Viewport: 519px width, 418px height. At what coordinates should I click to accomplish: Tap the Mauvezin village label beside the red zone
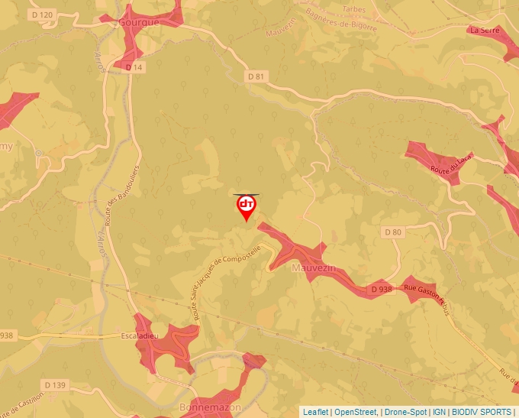click(x=314, y=268)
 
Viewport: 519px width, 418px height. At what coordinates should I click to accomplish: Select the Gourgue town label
click(x=140, y=22)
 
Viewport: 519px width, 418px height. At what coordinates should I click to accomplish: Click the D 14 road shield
click(x=134, y=67)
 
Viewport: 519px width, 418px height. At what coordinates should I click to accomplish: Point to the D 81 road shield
click(x=256, y=76)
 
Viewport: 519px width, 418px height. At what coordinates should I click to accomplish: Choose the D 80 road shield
click(x=392, y=232)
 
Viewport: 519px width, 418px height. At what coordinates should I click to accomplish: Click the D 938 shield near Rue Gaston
click(x=381, y=290)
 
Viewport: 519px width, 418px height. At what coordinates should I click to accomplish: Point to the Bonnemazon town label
click(x=204, y=407)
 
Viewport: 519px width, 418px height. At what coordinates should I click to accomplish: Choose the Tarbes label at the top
click(x=354, y=10)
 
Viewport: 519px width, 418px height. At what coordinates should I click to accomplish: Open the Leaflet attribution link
click(x=315, y=412)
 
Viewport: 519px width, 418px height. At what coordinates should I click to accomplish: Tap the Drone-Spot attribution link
click(x=406, y=412)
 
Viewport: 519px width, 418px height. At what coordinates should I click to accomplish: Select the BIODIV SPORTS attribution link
click(x=482, y=412)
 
